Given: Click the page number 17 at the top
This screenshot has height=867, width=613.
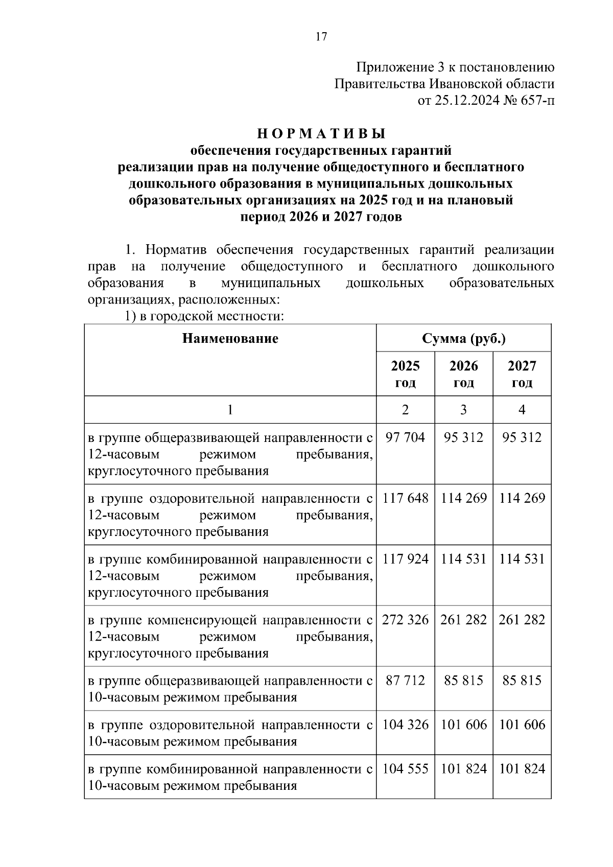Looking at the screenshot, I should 321,36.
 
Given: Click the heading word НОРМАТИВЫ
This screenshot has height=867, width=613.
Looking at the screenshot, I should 321,134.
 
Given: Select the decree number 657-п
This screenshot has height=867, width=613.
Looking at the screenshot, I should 536,101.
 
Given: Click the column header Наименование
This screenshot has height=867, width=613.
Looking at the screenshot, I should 230,338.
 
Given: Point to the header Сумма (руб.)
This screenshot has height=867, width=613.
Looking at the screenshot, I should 463,338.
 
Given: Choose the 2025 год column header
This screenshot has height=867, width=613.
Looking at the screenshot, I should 405,374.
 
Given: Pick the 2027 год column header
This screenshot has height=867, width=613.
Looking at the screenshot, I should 522,374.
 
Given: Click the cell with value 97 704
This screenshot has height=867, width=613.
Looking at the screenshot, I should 405,437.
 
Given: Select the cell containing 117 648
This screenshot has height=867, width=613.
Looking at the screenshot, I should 405,498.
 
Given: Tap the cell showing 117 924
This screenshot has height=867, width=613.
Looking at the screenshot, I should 405,559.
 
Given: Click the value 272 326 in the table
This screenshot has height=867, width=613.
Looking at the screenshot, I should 405,620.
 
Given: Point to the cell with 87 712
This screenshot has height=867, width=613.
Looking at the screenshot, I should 405,681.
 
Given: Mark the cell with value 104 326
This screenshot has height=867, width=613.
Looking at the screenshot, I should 405,725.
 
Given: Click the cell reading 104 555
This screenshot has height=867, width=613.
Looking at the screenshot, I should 405,769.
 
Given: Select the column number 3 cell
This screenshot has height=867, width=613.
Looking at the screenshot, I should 463,410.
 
